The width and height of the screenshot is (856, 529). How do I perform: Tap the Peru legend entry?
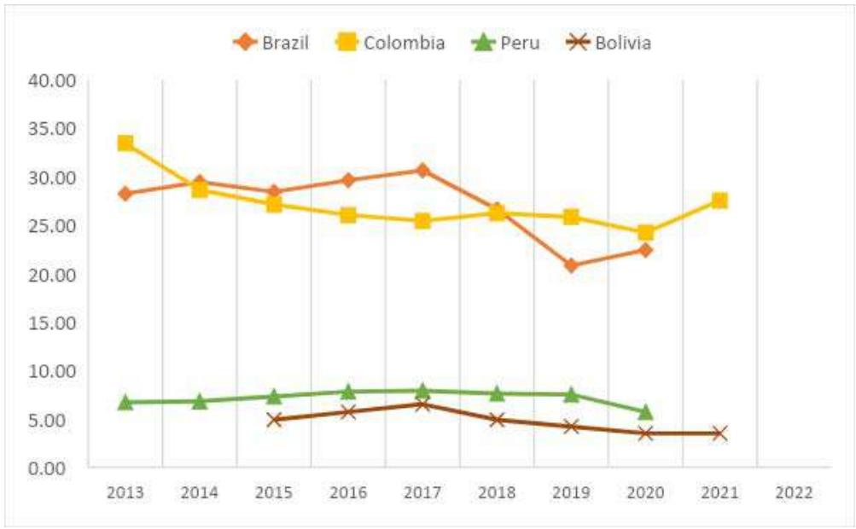[x=507, y=43]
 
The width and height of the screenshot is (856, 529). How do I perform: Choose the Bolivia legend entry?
[x=611, y=43]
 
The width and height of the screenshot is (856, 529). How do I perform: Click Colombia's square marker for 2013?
[x=125, y=142]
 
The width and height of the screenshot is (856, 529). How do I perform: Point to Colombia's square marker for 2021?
[x=719, y=201]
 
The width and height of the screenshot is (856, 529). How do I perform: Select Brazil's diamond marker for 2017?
[x=422, y=170]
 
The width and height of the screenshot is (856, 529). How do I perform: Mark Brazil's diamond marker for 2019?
[x=571, y=265]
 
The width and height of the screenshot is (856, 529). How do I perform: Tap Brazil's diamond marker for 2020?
[x=645, y=250]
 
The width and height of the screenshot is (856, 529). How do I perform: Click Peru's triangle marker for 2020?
[x=645, y=412]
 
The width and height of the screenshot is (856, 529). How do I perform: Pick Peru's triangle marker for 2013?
[x=125, y=402]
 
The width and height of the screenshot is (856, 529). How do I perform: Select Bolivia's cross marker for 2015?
[x=274, y=419]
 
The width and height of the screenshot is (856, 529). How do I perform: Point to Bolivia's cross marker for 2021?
[x=719, y=433]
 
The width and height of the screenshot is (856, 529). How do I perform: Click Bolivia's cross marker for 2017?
[x=422, y=404]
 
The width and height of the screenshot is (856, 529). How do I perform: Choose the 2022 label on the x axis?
[x=794, y=493]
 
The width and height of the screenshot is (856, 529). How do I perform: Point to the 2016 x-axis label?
[x=348, y=493]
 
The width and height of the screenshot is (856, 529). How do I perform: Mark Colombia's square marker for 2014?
[x=200, y=189]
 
